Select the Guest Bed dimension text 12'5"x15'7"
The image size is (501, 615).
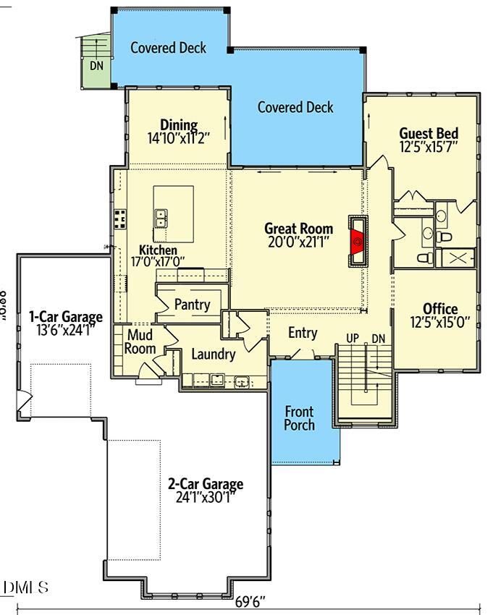429,147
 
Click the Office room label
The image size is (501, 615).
440,309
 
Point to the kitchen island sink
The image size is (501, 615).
162,216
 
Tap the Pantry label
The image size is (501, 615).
192,304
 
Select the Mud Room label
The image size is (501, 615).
140,342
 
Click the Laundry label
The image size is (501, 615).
213,355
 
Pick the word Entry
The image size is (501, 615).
303,333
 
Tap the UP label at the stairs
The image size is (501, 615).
353,338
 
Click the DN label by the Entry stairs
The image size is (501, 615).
378,338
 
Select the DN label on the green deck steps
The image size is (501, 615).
97,65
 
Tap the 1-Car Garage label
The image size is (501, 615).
65,317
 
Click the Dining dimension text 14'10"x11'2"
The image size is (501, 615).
178,138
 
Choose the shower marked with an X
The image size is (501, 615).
458,258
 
